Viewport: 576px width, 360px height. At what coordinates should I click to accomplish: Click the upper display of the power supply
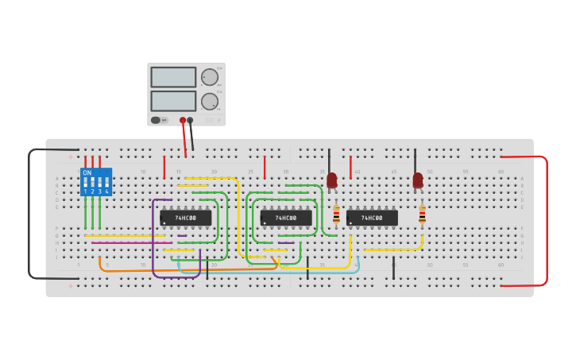[x=173, y=77]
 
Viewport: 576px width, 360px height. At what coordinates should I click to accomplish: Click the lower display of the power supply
[x=173, y=101]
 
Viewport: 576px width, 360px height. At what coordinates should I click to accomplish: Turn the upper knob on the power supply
[x=209, y=77]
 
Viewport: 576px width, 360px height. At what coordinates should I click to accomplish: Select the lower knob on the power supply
[x=209, y=102]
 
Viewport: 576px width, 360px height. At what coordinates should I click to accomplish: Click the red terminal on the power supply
[x=183, y=121]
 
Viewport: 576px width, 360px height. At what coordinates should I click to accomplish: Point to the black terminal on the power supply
[x=190, y=121]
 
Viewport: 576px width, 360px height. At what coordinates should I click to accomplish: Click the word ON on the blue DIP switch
[x=87, y=172]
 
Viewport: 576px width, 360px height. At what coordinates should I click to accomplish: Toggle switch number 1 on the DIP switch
[x=86, y=184]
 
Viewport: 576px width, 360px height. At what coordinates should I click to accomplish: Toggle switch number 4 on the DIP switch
[x=106, y=184]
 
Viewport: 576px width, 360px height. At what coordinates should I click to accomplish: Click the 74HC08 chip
[x=186, y=218]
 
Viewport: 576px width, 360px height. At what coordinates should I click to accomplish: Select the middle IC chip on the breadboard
[x=286, y=218]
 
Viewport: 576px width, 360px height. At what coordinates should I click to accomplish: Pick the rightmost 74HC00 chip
[x=372, y=218]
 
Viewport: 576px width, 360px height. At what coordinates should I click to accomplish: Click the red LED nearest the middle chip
[x=332, y=180]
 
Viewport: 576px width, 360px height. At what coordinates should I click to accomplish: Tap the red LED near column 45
[x=418, y=180]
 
